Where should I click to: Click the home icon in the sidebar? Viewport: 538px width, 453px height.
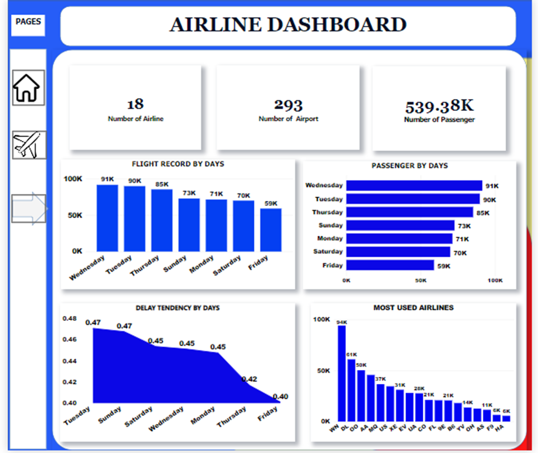coord(28,87)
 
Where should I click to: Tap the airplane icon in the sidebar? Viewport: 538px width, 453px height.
coord(29,145)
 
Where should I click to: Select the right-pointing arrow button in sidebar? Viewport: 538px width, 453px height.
coord(29,209)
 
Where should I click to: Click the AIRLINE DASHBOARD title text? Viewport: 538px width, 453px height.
coord(288,25)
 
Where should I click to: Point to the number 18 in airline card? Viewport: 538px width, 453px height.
coord(135,104)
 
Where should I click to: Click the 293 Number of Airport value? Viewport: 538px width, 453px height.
coord(288,104)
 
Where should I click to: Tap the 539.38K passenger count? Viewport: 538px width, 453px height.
coord(439,106)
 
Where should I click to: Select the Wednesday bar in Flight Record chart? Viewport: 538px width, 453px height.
coord(107,218)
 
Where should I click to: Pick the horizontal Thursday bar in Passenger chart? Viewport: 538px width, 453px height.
coord(409,212)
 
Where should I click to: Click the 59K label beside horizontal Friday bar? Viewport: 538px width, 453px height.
coord(444,266)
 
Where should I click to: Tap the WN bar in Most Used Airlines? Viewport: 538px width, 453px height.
coord(341,373)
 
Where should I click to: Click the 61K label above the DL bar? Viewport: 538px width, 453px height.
coord(351,355)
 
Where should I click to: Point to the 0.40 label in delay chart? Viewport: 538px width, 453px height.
coord(281,397)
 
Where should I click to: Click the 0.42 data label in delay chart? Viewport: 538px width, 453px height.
coord(249,379)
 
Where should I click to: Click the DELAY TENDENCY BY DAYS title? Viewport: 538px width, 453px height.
coord(178,308)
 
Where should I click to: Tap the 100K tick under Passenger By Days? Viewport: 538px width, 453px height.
coord(495,281)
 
